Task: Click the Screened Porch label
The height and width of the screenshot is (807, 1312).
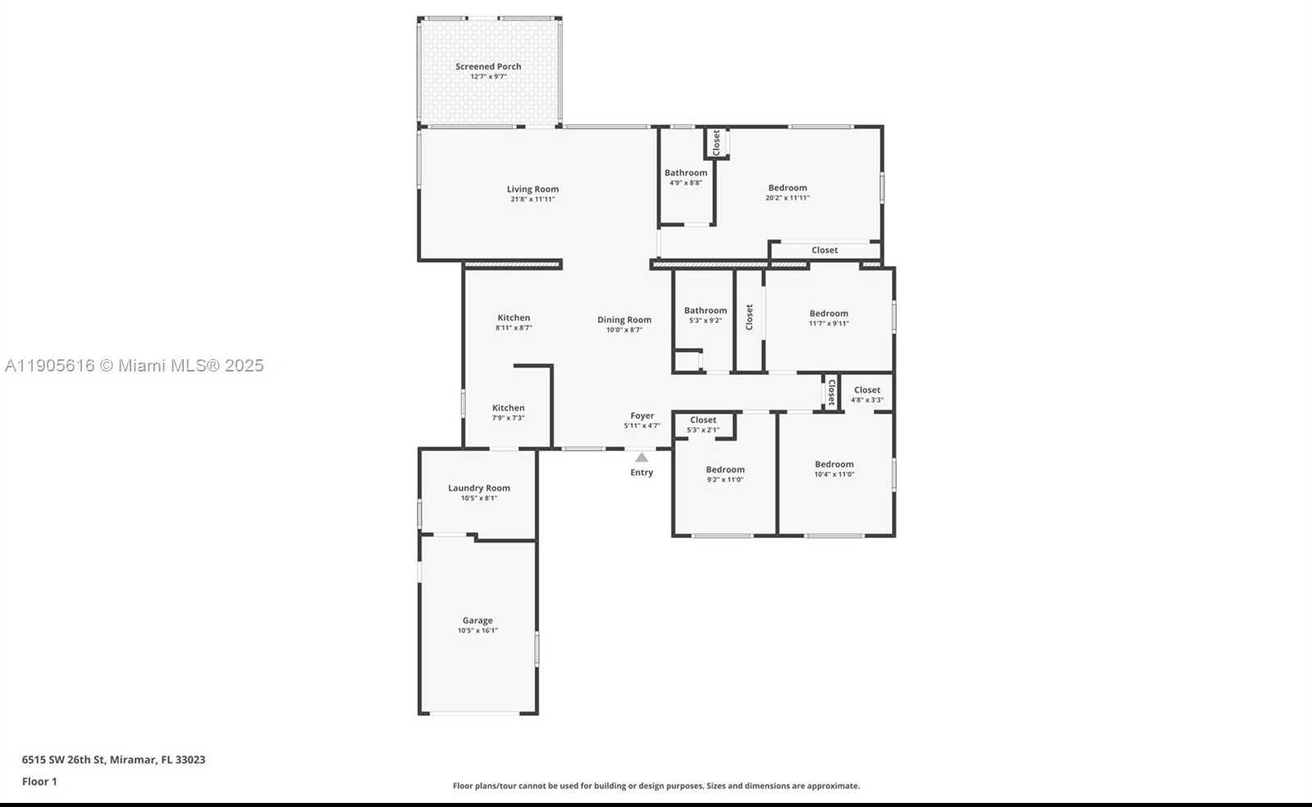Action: tap(488, 66)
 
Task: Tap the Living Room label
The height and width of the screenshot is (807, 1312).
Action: tap(533, 189)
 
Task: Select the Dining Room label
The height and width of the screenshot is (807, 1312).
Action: tap(624, 320)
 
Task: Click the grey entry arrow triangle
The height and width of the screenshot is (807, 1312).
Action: tap(642, 458)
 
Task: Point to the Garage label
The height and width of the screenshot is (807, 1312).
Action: tap(478, 621)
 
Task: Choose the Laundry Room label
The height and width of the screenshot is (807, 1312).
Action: tap(479, 488)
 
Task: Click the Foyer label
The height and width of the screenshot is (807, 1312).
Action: tap(642, 416)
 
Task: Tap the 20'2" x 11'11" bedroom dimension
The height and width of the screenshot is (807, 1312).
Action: tap(788, 198)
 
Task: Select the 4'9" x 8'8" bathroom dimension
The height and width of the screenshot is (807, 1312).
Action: tap(686, 183)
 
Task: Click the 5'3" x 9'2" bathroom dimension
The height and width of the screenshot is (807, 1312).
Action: tap(706, 321)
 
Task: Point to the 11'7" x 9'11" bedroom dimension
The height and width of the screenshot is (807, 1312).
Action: tap(829, 323)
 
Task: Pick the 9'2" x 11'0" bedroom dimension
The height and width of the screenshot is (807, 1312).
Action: tap(725, 480)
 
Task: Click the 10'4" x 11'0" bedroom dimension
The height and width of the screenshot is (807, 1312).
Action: tap(834, 474)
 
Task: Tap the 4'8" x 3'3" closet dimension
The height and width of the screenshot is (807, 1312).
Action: tap(867, 400)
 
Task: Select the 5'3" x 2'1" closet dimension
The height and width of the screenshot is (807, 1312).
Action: tap(703, 430)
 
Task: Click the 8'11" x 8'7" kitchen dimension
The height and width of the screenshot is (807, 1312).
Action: tap(514, 328)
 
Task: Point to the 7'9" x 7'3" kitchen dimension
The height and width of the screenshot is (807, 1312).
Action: tap(509, 418)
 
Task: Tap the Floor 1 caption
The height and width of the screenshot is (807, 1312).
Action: tap(39, 782)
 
